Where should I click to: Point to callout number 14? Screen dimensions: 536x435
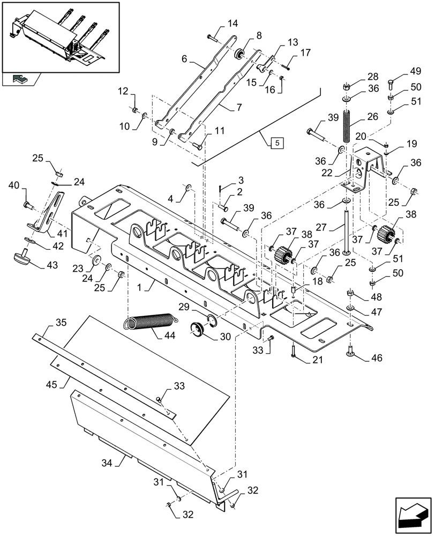[232, 24]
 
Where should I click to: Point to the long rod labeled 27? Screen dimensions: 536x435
[347, 230]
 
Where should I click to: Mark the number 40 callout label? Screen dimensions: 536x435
[14, 186]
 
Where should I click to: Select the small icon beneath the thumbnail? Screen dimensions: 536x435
[20, 80]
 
